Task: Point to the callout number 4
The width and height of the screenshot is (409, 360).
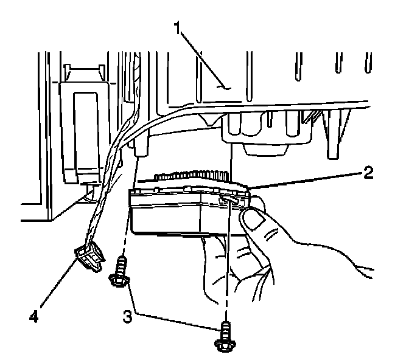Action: [x=35, y=317]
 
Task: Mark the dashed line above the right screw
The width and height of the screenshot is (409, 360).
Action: [x=226, y=268]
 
